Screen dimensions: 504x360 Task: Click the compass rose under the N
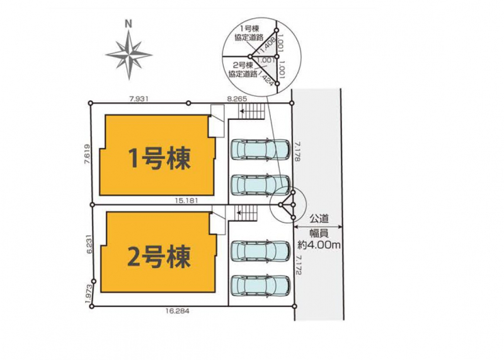[129, 54]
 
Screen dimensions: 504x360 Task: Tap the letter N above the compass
[129, 24]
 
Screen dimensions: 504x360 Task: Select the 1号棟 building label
[160, 158]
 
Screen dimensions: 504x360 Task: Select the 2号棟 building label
[159, 257]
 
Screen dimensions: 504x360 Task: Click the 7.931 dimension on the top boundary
[139, 99]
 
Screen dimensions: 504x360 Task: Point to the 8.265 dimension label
[237, 99]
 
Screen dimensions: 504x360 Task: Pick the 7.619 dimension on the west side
[87, 154]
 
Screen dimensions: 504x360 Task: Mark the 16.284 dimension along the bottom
[178, 311]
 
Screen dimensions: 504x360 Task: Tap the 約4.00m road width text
[319, 245]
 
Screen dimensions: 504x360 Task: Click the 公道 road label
[319, 219]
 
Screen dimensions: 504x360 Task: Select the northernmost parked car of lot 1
[260, 149]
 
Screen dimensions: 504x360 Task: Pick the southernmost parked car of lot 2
[260, 285]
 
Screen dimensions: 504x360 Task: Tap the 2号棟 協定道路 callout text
[243, 69]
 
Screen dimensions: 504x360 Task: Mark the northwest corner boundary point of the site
[91, 103]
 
